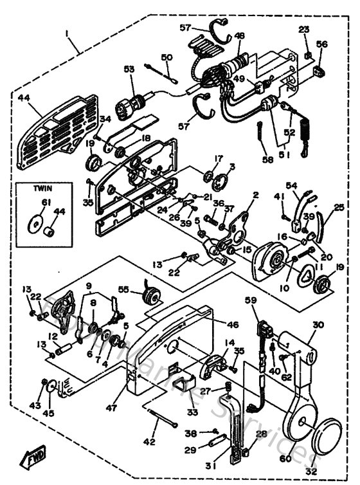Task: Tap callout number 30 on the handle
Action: [319, 325]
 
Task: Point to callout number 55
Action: [122, 290]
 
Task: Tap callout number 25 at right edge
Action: [339, 207]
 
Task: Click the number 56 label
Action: [322, 44]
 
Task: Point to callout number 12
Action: [54, 336]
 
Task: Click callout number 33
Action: [192, 410]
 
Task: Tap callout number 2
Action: [255, 194]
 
